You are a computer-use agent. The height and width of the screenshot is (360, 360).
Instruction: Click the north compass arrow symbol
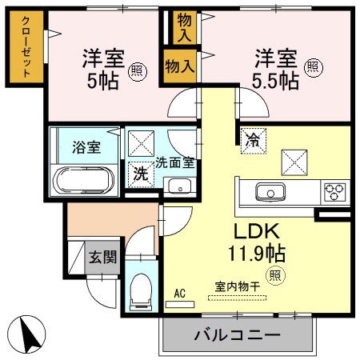coord(30,334)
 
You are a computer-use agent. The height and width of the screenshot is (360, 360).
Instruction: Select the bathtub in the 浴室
coord(84,179)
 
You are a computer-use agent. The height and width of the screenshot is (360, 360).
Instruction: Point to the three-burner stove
coord(334,192)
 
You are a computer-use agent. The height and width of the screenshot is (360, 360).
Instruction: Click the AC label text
coord(180,294)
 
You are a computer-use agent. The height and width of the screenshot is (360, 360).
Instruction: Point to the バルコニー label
coord(236,334)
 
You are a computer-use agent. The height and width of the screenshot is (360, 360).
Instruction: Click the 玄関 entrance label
coord(102,258)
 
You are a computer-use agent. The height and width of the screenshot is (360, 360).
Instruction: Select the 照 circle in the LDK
coord(274,276)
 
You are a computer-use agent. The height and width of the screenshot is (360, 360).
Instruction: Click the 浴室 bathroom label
coord(86,147)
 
